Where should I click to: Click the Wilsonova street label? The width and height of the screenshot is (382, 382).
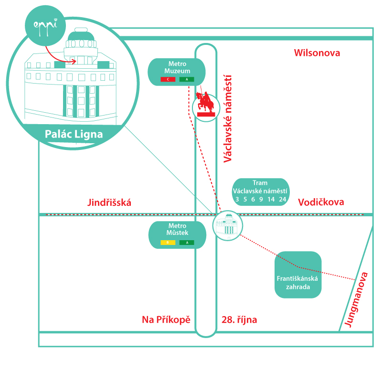coord(317,53)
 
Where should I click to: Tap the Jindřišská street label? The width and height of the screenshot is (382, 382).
coord(109,202)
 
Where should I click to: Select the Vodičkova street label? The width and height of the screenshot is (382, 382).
coord(321,202)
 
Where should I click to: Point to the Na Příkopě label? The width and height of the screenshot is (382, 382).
coord(166,319)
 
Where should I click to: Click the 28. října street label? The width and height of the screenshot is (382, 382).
coord(239,319)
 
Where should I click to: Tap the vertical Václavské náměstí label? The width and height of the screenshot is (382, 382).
coord(228,118)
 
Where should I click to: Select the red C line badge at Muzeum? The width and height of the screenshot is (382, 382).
coord(168,79)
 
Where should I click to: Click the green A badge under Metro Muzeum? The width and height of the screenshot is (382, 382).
coord(187,79)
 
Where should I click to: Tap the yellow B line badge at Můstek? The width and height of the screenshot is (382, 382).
coord(168,243)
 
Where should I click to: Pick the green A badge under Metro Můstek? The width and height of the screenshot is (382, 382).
coord(187,243)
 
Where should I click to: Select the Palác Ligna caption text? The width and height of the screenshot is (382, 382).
coord(74,134)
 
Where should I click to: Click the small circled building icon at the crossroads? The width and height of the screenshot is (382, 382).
coord(224,225)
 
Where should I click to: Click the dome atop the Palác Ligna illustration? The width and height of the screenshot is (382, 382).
coord(81,36)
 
